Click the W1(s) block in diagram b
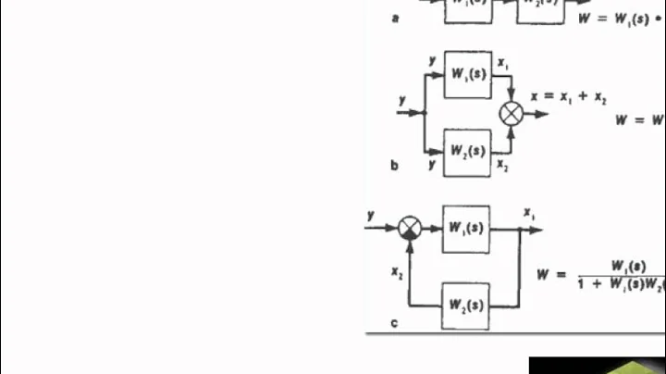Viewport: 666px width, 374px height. (x=467, y=73)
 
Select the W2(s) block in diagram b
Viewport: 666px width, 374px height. (x=467, y=149)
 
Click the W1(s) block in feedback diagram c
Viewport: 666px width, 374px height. (x=467, y=228)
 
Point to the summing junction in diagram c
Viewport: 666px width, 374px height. (x=410, y=228)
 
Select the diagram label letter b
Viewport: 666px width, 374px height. (x=395, y=166)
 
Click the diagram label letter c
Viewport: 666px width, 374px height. (x=395, y=322)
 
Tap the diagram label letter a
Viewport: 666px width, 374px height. (x=395, y=18)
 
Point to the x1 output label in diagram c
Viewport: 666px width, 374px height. (x=529, y=213)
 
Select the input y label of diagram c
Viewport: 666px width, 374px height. (x=371, y=215)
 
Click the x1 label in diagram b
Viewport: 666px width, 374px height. (x=503, y=64)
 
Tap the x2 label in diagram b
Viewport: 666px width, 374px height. (x=502, y=164)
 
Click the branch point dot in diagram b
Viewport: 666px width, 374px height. (x=425, y=113)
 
